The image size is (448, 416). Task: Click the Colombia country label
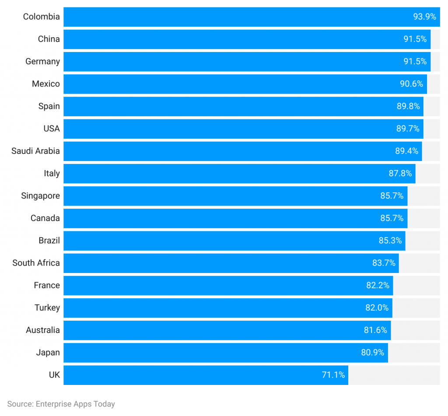pos(41,17)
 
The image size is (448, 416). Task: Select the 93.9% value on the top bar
pos(424,17)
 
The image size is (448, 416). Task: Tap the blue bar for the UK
pos(206,375)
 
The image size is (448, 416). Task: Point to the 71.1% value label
pos(333,375)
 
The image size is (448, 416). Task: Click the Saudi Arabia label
pos(35,151)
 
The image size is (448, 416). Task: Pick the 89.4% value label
pos(406,151)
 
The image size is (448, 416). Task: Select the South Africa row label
pos(36,263)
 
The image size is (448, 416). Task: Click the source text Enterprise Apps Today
pos(61,404)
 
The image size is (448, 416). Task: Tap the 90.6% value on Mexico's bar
pos(411,84)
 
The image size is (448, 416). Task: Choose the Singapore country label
pos(40,196)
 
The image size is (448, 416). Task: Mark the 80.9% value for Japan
pos(372,353)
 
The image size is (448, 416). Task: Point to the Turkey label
pos(47,308)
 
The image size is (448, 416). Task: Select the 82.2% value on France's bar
pos(378,285)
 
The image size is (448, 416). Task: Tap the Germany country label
pos(42,61)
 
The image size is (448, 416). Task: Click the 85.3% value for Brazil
pos(390,241)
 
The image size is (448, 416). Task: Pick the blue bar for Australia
pos(227,330)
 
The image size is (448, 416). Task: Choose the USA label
pos(51,129)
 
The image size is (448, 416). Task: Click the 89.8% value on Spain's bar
pos(408,106)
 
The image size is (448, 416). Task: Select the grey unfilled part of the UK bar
pos(394,375)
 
